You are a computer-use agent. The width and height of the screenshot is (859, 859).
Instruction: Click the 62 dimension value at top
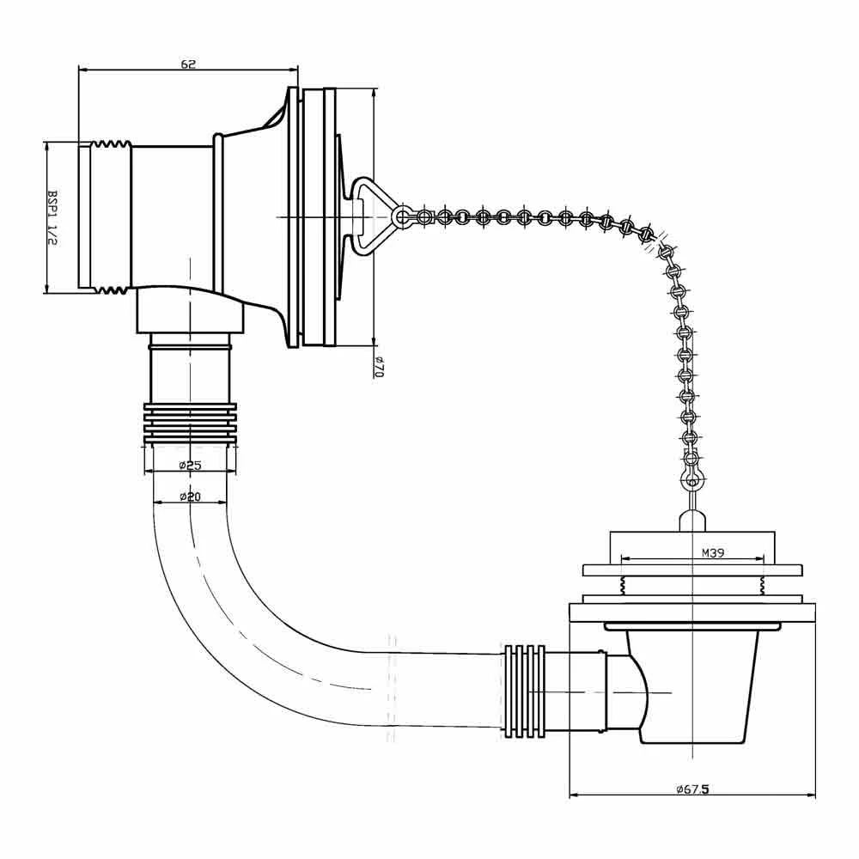click(188, 64)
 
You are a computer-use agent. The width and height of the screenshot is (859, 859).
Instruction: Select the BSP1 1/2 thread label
click(52, 217)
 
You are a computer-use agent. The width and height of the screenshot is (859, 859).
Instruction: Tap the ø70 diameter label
click(378, 367)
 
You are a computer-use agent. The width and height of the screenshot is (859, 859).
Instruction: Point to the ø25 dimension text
click(190, 465)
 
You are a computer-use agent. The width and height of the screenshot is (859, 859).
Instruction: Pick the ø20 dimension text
click(190, 497)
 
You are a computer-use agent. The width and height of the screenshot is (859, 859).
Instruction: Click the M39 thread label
click(713, 552)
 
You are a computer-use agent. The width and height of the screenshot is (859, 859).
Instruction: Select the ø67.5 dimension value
click(692, 789)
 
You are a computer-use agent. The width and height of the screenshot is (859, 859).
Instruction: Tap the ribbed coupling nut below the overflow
click(190, 423)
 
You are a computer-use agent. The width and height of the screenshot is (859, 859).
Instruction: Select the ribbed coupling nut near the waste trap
click(525, 691)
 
